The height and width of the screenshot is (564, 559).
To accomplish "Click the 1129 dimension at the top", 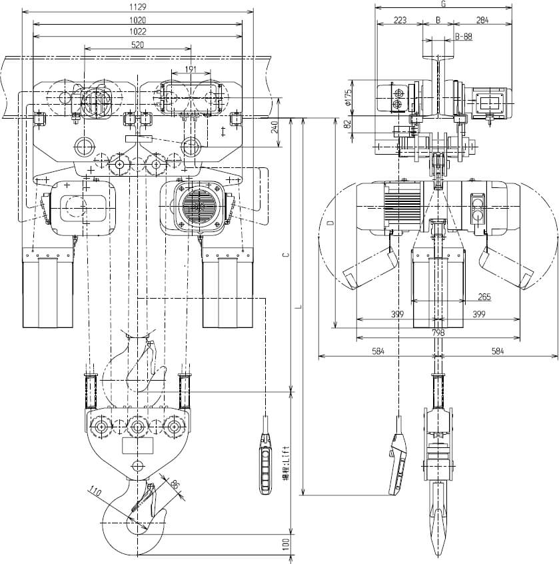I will pyautogui.click(x=137, y=7).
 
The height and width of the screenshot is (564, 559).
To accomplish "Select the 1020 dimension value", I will pyautogui.click(x=137, y=20).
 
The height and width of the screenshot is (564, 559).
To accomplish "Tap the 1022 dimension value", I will pyautogui.click(x=137, y=31).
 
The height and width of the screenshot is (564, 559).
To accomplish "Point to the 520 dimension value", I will pyautogui.click(x=137, y=45).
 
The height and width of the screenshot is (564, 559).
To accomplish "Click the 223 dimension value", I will pyautogui.click(x=400, y=20).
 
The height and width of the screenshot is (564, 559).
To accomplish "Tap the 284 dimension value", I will pyautogui.click(x=482, y=20).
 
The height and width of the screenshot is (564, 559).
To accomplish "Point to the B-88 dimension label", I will pyautogui.click(x=464, y=37).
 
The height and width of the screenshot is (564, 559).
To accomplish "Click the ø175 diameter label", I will pyautogui.click(x=348, y=97).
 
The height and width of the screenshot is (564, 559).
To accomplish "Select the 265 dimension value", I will pyautogui.click(x=484, y=297).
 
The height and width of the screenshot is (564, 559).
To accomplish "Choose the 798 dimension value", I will pyautogui.click(x=438, y=332).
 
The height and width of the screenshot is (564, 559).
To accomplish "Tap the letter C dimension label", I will pyautogui.click(x=284, y=255).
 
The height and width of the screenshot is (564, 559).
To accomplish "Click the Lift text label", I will pyautogui.click(x=285, y=464).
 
